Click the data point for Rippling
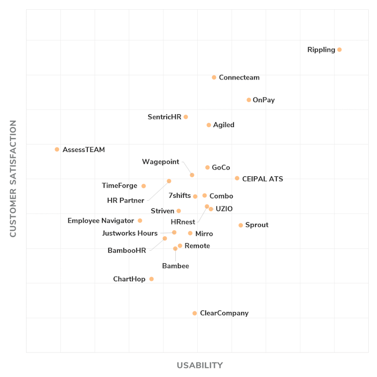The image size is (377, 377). (x=339, y=50)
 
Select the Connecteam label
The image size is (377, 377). (x=239, y=78)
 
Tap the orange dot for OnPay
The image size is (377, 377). (x=249, y=100)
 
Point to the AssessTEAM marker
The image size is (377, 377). (x=57, y=150)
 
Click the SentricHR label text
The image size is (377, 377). (x=164, y=117)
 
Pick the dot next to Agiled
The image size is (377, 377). (x=209, y=125)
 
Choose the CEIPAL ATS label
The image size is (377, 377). (x=262, y=179)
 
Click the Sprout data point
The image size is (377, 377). (x=241, y=225)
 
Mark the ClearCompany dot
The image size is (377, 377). (x=195, y=313)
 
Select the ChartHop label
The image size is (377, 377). (x=129, y=280)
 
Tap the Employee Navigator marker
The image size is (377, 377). (x=140, y=220)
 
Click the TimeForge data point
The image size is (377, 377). (x=144, y=186)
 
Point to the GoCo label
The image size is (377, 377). (x=221, y=168)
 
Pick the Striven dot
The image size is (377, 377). (x=179, y=211)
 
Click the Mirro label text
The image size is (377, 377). (x=204, y=234)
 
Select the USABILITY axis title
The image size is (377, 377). (x=200, y=365)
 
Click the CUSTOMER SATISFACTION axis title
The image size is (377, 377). (x=13, y=178)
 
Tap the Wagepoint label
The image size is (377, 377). (x=161, y=162)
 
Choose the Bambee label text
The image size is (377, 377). (x=175, y=266)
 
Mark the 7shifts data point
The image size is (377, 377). (x=195, y=197)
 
